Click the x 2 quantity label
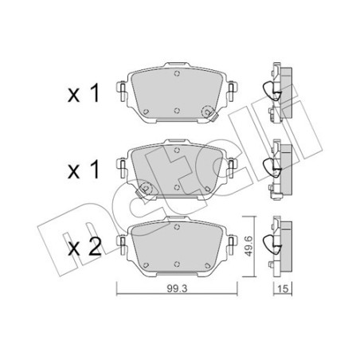coord(84,247)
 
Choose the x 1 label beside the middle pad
coord(84,170)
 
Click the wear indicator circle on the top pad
coord(208,115)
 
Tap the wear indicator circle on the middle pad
coord(146,189)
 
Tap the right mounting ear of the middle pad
coord(231,166)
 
